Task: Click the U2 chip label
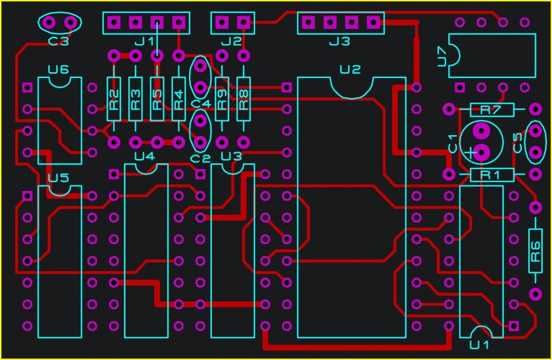350,70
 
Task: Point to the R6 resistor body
535,251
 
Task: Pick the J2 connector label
231,41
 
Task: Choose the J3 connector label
339,41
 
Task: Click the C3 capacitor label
59,41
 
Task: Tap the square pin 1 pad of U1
514,326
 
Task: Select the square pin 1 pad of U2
286,87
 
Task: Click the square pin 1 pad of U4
114,174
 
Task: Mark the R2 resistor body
114,99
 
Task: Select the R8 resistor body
243,99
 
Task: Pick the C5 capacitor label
518,142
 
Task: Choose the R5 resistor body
157,99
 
